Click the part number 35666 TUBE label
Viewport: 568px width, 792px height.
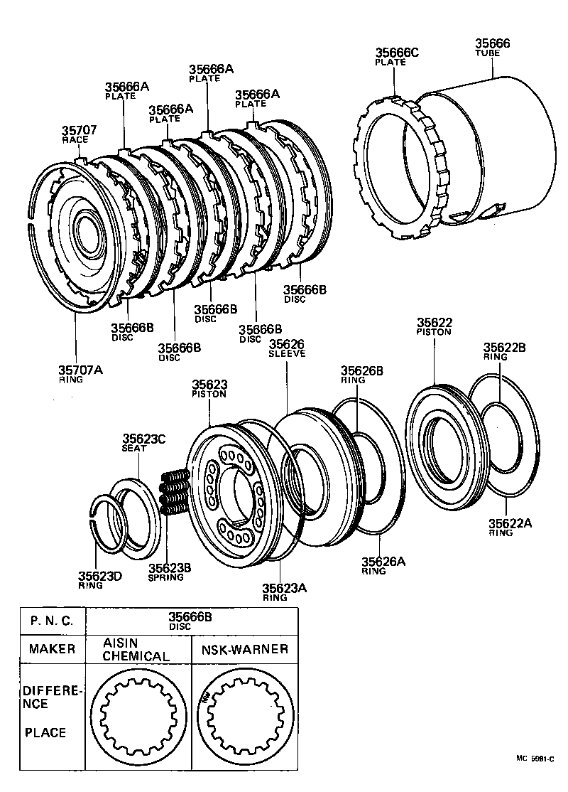492,47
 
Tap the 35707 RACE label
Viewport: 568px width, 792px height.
79,134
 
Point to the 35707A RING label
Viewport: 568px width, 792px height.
80,374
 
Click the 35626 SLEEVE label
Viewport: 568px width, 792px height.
286,348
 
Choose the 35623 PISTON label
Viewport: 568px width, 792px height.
209,389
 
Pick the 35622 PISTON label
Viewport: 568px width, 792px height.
434,326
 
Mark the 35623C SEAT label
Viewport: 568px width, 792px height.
143,444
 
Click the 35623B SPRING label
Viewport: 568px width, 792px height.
166,572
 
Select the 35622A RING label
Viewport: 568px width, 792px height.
510,528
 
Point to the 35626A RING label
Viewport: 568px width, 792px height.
383,566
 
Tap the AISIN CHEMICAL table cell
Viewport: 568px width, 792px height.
136,649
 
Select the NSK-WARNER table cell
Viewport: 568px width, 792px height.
245,649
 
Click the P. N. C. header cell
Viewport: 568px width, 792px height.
52,621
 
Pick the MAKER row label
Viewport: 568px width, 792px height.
52,649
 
